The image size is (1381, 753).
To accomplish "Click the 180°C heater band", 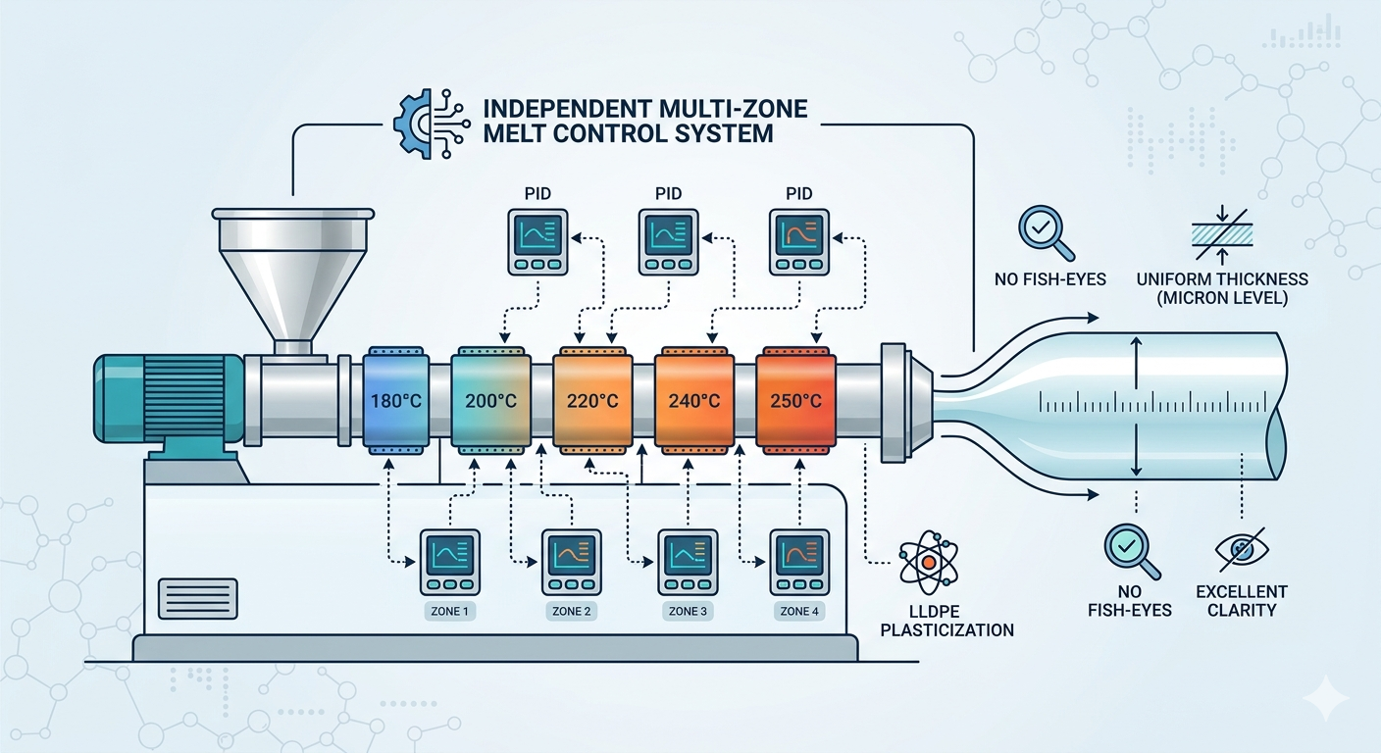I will pos(395,400).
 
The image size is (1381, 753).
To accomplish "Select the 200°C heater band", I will pos(489,400).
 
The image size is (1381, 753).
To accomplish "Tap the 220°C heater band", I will pos(591,400).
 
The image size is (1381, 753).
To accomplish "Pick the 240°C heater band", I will pos(693,400).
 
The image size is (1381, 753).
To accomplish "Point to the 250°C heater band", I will pos(795,400).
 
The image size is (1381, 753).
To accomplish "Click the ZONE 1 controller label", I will pos(450,611).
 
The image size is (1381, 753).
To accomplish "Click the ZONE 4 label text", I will pos(799,611).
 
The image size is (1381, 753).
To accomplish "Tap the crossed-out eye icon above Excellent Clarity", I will pos(1241,551).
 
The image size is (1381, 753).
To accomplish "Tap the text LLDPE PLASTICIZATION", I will pos(946,620).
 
